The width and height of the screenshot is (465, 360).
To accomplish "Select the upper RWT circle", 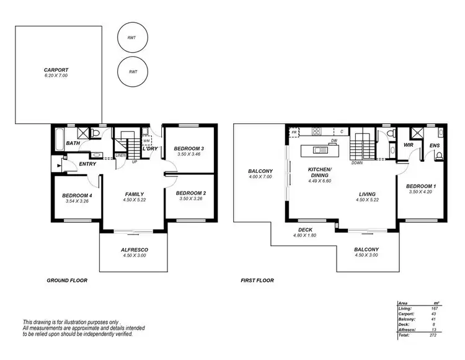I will [x=132, y=38].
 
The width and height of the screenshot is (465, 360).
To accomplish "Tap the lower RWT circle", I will [x=132, y=71].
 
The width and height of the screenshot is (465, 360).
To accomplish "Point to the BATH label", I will [x=73, y=144].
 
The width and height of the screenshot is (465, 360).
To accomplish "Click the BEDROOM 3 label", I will [x=189, y=148].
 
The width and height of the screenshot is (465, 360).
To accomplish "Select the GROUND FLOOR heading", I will [x=67, y=280].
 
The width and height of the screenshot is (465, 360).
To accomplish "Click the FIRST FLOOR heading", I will [x=257, y=280].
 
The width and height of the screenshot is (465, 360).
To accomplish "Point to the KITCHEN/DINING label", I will [x=321, y=172].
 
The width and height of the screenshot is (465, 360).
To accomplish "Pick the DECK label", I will [x=305, y=229].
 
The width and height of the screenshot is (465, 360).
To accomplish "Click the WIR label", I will [x=408, y=145].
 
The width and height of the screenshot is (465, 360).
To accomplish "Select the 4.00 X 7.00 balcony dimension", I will [x=260, y=177].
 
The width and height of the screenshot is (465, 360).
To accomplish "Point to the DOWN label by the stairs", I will [x=357, y=163].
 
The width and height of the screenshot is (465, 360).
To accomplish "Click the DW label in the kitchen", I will [x=334, y=141].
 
